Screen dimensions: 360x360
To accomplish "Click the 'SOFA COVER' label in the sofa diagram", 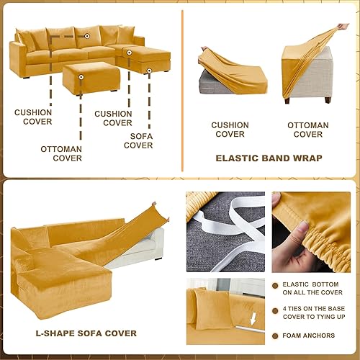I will (138, 140).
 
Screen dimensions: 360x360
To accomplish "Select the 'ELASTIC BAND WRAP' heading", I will (268, 158).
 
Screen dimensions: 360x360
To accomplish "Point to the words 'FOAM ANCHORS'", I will (308, 336).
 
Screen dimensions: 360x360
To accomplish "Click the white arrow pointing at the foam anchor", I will (251, 335).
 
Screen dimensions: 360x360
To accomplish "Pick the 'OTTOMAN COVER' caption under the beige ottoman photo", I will (308, 130).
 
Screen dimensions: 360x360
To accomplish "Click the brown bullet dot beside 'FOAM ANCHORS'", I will (274, 336).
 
